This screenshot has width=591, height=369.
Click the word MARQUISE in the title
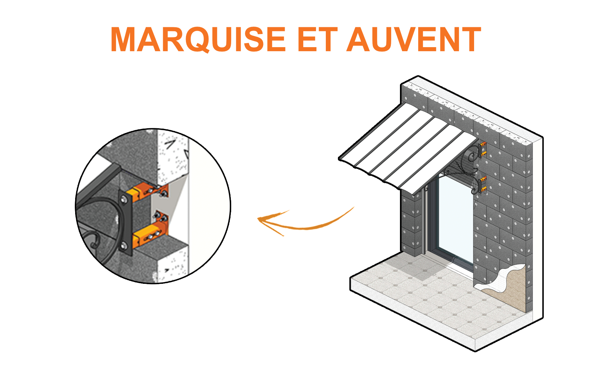click(x=198, y=39)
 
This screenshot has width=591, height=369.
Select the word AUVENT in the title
click(x=414, y=39)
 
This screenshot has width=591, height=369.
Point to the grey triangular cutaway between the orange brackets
click(x=168, y=202)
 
